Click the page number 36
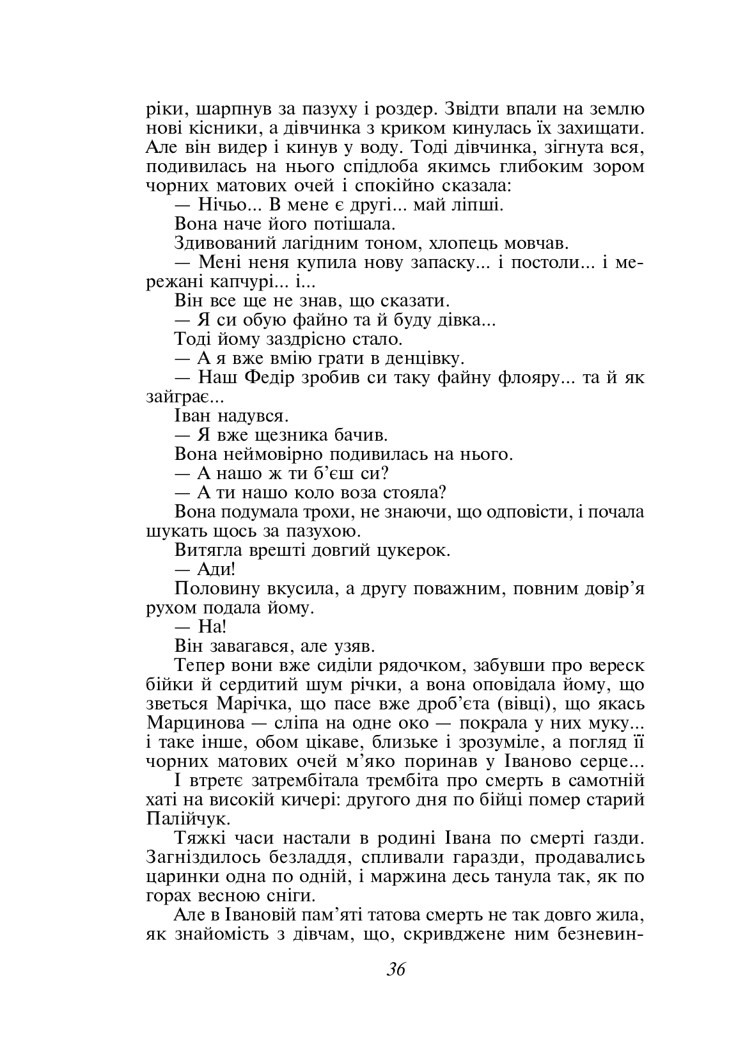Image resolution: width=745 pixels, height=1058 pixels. tap(396, 968)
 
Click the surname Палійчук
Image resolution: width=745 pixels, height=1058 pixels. tap(187, 819)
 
